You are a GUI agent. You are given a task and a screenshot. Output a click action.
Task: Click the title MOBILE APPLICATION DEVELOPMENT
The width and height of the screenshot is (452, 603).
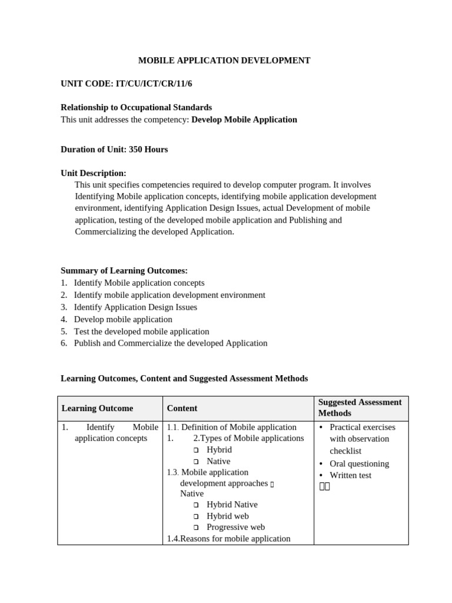(x=224, y=60)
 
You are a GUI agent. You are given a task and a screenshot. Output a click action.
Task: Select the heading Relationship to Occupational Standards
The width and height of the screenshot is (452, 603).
(x=136, y=107)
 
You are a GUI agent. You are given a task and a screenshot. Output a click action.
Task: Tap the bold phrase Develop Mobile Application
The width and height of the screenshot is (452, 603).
(x=244, y=120)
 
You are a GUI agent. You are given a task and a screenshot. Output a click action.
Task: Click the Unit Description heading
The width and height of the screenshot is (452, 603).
(x=93, y=173)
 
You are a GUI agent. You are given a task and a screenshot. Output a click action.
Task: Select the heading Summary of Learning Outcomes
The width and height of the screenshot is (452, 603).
(x=124, y=270)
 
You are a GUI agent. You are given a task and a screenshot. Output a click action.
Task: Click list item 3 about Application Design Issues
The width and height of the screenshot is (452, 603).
(x=135, y=307)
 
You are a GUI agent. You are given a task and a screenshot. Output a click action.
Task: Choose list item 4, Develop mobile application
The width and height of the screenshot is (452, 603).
(x=122, y=319)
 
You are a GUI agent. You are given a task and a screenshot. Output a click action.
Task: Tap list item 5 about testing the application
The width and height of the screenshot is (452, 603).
(x=141, y=332)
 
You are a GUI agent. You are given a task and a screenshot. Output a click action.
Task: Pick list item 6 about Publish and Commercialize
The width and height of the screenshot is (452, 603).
(x=170, y=343)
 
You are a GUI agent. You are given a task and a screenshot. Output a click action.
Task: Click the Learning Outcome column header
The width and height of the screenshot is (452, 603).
(x=97, y=408)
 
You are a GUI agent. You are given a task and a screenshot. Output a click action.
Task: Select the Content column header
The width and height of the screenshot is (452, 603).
(x=182, y=408)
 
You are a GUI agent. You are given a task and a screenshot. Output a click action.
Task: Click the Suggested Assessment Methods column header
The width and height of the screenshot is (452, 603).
(x=360, y=407)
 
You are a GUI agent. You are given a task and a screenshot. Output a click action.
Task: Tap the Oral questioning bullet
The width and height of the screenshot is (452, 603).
(x=359, y=463)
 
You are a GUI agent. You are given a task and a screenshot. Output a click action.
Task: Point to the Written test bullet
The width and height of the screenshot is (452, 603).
(x=350, y=475)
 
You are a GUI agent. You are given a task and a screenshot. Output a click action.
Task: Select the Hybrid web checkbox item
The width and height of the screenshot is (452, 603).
(x=227, y=516)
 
